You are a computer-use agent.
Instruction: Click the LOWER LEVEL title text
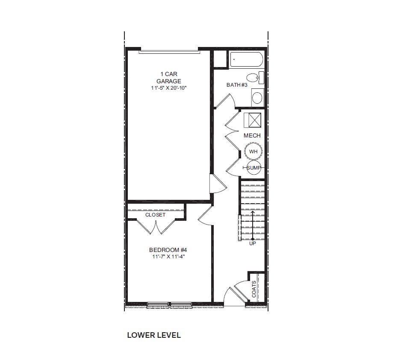pos(154,335)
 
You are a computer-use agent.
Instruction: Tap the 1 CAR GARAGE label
pos(168,78)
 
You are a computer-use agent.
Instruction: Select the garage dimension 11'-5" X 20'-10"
pos(168,88)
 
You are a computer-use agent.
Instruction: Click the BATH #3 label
pos(237,85)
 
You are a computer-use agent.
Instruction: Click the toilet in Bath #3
pos(255,78)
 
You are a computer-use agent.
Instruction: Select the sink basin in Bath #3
pos(257,98)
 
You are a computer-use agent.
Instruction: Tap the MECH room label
pos(252,135)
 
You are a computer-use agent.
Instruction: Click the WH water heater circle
pos(253,152)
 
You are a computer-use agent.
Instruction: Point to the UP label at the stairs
pos(253,243)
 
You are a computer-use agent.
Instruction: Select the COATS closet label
pos(254,290)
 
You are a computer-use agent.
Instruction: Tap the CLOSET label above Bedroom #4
pos(155,215)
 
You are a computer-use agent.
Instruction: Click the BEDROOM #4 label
pos(168,250)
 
